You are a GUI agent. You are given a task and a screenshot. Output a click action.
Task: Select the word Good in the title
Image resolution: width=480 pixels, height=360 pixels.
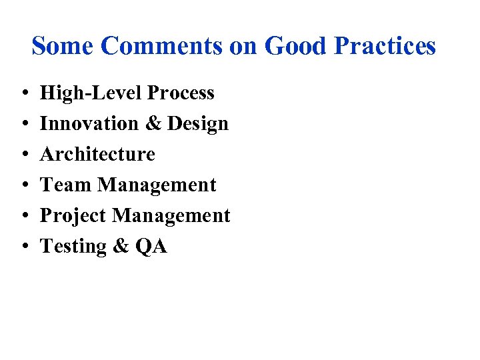295,46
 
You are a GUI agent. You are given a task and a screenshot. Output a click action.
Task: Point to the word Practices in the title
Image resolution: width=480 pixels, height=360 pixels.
385,46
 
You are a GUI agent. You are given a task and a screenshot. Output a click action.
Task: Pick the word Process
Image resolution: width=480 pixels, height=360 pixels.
181,93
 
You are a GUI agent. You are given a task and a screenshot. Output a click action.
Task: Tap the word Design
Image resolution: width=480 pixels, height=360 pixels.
198,124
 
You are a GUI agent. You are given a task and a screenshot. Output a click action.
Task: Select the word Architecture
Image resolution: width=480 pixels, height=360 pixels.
97,154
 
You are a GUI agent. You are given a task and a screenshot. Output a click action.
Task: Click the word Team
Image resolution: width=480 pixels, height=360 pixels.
66,185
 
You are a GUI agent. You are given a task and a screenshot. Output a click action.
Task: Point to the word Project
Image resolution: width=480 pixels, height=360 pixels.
73,216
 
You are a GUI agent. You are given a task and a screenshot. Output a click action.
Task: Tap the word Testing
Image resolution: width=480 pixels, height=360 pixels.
73,247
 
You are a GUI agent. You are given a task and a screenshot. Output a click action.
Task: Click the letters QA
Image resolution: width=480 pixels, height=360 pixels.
151,247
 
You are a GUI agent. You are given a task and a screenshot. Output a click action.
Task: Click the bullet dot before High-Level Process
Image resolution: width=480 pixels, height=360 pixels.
23,93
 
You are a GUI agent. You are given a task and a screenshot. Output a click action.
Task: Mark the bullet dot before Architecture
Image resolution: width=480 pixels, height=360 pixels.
23,155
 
